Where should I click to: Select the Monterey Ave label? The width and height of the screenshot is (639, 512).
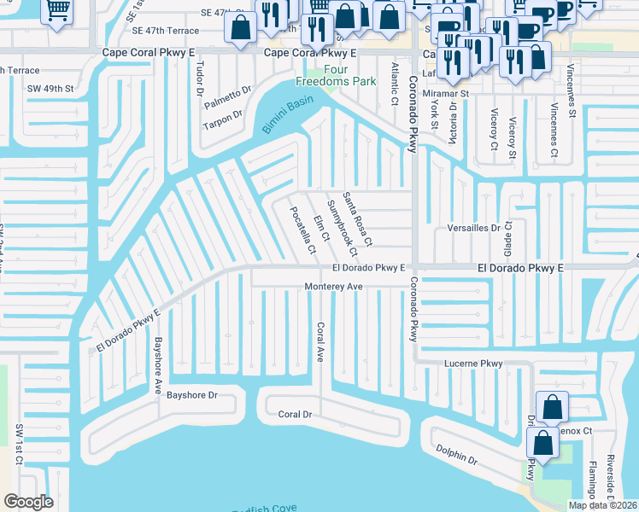334,287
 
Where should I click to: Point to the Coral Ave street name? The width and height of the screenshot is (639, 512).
321,341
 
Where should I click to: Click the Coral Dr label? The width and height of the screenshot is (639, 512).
295,414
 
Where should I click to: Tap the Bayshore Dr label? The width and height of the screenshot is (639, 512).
192,395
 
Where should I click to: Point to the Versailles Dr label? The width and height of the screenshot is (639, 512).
473,229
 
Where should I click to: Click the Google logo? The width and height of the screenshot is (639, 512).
28,501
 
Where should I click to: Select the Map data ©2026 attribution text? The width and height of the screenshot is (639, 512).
602,505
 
